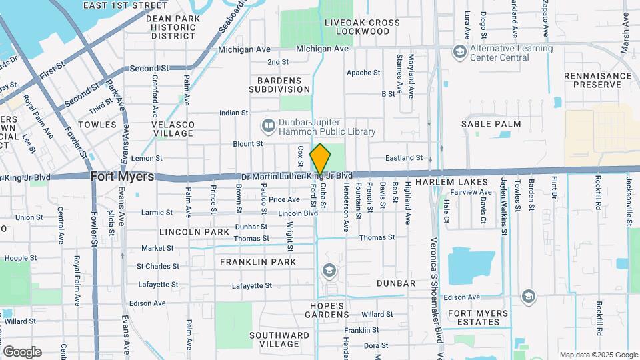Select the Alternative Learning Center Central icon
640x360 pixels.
tap(459, 51)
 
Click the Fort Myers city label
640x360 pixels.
tap(123, 177)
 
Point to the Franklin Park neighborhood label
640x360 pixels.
tap(258, 262)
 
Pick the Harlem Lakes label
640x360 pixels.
tap(443, 181)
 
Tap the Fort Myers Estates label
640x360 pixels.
tap(474, 317)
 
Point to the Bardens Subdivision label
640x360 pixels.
tap(279, 84)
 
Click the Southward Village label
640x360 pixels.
tap(274, 339)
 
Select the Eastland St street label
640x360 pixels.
tap(405, 158)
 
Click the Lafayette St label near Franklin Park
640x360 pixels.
tap(251, 285)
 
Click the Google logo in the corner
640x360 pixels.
tap(22, 351)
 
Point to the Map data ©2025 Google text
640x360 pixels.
tap(597, 355)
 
